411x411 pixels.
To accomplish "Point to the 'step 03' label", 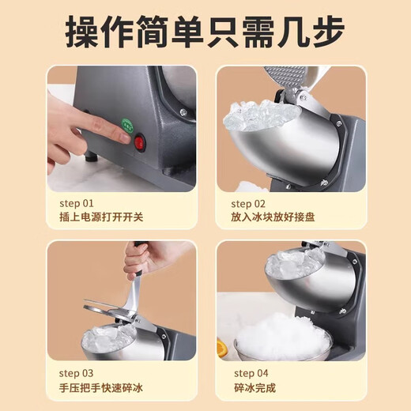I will [75, 372].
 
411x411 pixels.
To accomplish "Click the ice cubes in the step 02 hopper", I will [258, 117].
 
